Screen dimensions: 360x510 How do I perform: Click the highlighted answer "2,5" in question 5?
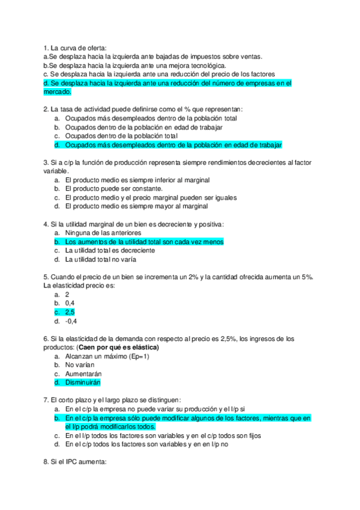coord(70,312)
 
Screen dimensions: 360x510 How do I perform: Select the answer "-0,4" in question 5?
coord(71,321)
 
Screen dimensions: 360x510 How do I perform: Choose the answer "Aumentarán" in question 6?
coord(83,373)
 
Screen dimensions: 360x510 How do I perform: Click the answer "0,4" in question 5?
coord(70,304)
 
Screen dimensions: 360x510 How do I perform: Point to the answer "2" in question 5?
coord(67,295)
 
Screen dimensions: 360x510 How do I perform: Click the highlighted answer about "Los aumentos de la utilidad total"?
coord(144,242)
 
